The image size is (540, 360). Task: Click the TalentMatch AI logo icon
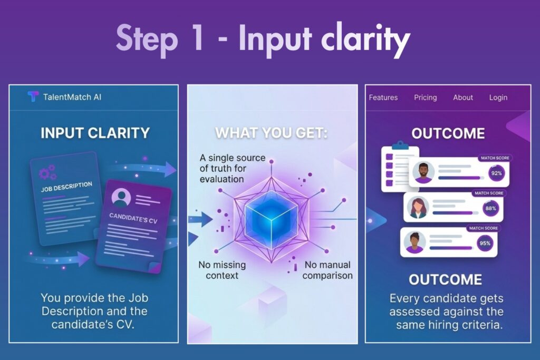(33, 96)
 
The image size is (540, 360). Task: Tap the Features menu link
(383, 98)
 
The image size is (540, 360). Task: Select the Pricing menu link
(426, 98)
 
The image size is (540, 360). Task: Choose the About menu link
(463, 98)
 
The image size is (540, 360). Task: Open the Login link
(498, 98)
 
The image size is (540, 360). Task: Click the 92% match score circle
(497, 173)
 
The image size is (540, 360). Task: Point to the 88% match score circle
(491, 208)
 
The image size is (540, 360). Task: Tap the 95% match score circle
(485, 244)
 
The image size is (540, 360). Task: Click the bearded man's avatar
(423, 172)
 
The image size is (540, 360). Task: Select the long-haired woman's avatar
(418, 208)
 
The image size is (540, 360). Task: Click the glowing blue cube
(272, 219)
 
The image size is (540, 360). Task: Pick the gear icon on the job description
(47, 172)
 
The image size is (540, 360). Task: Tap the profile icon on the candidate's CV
(121, 197)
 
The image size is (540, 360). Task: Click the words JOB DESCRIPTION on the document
(66, 187)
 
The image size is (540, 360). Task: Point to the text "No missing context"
(222, 270)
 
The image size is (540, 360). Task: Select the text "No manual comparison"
(327, 270)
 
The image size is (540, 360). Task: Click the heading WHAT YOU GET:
(272, 133)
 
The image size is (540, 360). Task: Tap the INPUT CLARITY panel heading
(95, 133)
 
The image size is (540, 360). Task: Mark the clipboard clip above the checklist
(400, 145)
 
